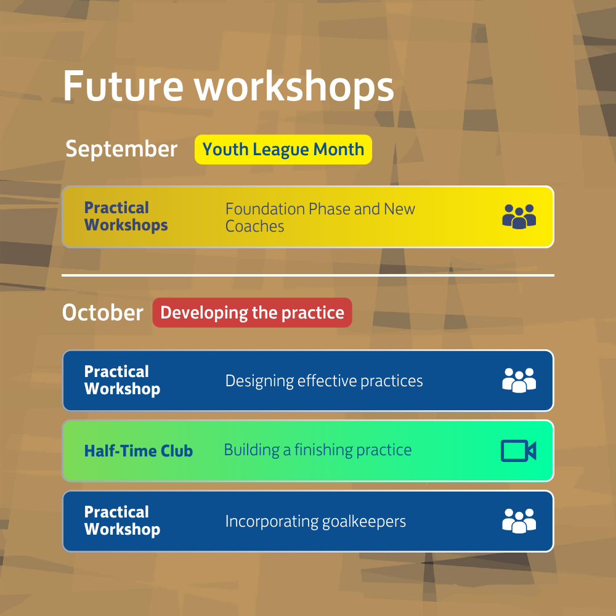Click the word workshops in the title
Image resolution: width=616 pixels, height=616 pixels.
[x=294, y=87]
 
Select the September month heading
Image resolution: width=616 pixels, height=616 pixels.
[x=121, y=149]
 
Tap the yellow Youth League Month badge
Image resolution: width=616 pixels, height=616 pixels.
[x=283, y=150]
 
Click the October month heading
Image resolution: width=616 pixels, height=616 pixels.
[x=102, y=313]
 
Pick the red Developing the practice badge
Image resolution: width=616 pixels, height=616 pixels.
[x=252, y=313]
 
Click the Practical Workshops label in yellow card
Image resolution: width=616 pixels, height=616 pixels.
[x=126, y=217]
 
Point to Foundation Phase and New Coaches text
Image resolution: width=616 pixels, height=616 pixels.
[x=320, y=217]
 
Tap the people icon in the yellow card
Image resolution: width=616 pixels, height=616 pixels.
[x=519, y=217]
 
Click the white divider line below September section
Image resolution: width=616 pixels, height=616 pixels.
[x=308, y=275]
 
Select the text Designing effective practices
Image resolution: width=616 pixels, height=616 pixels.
[x=324, y=381]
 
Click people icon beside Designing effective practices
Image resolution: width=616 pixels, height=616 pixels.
[x=519, y=381]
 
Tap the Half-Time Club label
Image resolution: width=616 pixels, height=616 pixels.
[x=138, y=451]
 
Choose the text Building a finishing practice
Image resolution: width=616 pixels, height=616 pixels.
[x=317, y=450]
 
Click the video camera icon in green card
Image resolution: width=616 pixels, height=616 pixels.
[x=518, y=451]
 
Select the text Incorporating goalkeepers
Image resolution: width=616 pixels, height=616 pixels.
[x=315, y=522]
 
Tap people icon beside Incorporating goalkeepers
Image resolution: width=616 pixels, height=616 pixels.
[x=519, y=521]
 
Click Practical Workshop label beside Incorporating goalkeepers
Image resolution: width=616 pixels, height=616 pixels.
[x=122, y=521]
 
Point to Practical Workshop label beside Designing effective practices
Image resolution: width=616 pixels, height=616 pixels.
[x=122, y=381]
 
